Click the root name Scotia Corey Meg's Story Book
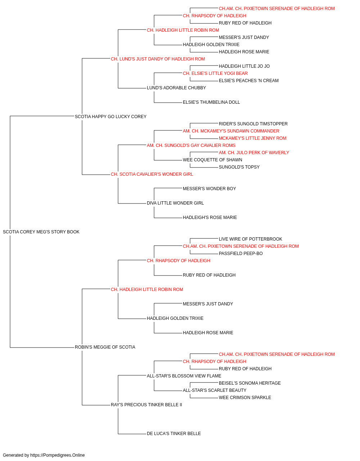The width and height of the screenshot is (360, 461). [41, 232]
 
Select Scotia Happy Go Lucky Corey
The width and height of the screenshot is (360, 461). [111, 117]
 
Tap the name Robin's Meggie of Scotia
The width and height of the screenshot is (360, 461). [105, 347]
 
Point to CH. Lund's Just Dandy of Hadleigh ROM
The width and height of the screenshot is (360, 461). [158, 59]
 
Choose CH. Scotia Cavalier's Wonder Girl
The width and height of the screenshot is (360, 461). [152, 174]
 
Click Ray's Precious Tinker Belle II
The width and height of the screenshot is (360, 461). [147, 405]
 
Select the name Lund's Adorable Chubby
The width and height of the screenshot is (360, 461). [176, 88]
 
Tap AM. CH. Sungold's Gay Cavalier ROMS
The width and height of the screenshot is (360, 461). [191, 146]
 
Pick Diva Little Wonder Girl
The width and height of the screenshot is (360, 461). [175, 203]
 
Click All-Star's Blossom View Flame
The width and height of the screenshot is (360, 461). [184, 376]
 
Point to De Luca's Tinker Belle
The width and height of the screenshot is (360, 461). [174, 434]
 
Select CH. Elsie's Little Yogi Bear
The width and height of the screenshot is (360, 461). [215, 73]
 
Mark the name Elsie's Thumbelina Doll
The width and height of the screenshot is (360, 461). [211, 102]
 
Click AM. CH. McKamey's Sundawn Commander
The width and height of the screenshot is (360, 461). [231, 131]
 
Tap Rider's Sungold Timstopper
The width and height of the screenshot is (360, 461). [253, 124]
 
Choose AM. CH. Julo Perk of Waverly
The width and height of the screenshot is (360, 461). [254, 153]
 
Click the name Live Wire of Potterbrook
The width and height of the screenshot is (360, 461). [251, 239]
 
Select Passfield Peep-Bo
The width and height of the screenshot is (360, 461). [240, 254]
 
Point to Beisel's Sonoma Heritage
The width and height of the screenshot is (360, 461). [250, 383]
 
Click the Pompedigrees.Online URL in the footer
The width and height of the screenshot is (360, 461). [58, 455]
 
